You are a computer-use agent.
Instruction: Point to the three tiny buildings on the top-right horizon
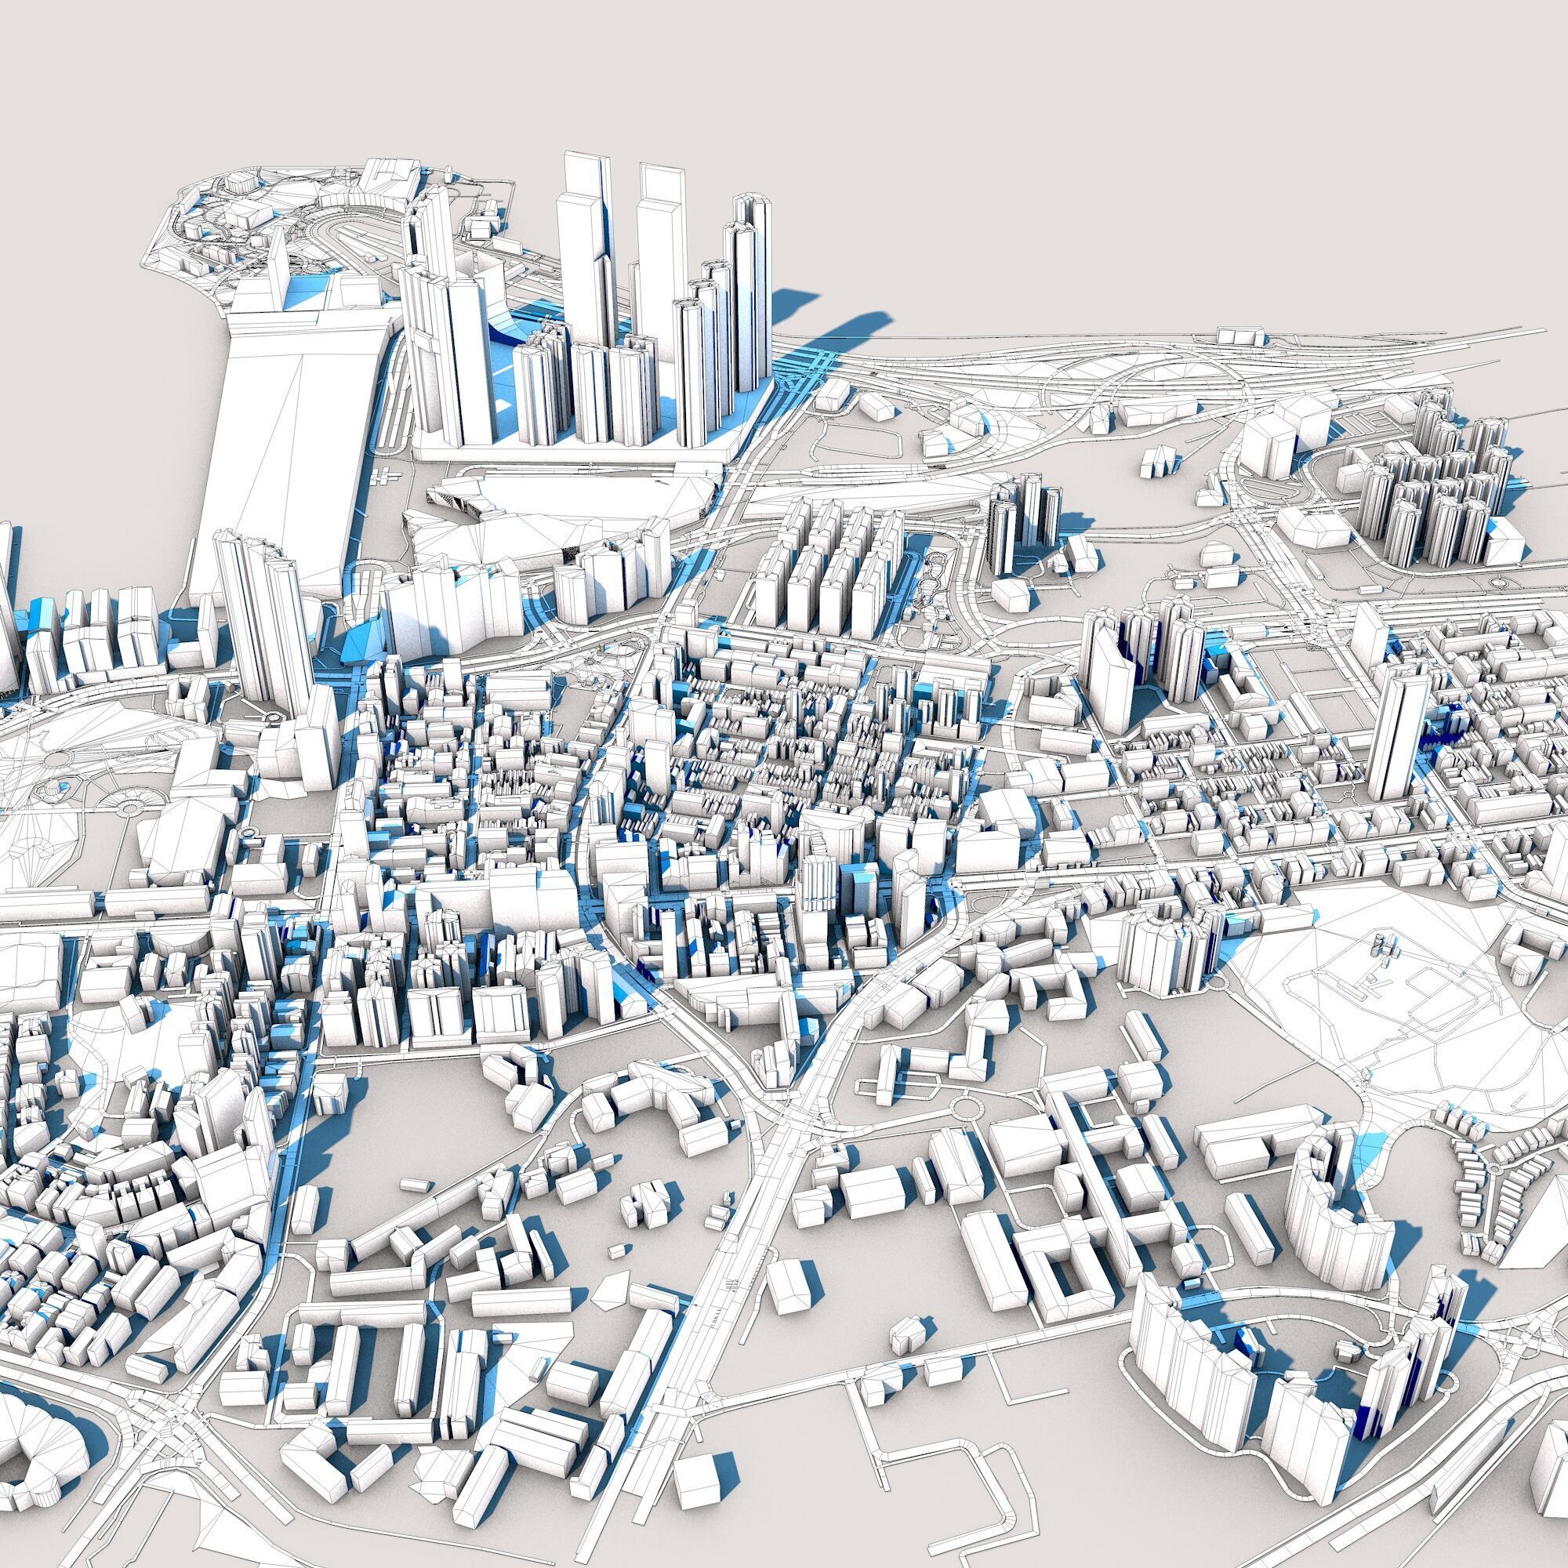1242,335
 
